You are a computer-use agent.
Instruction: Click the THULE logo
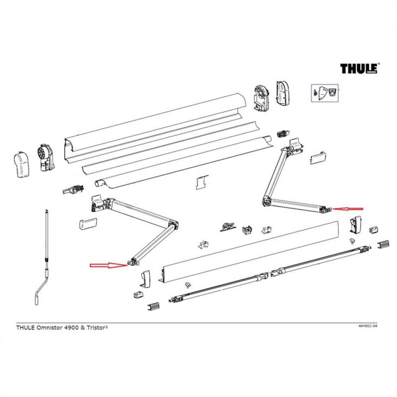click(359, 68)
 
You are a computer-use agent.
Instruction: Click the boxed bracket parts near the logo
click(324, 93)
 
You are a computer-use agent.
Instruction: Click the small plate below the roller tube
click(202, 181)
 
